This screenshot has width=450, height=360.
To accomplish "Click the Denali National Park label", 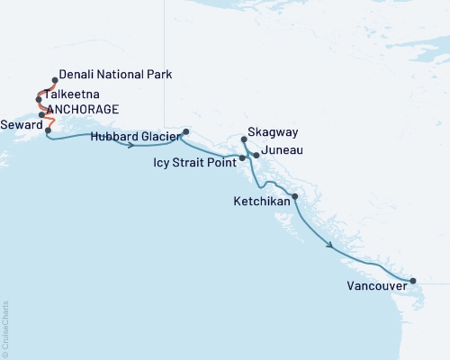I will pyautogui.click(x=114, y=75).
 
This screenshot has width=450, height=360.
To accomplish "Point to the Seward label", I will pyautogui.click(x=21, y=125).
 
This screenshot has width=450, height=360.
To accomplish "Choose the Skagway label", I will pyautogui.click(x=268, y=140).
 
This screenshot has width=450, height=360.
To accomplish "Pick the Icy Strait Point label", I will pyautogui.click(x=196, y=164).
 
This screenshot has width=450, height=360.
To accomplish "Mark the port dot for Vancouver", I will pyautogui.click(x=413, y=281).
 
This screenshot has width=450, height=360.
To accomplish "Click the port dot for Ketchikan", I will pyautogui.click(x=294, y=196).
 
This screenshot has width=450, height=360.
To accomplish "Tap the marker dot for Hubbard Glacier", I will pyautogui.click(x=185, y=132).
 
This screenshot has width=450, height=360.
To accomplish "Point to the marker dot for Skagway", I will pyautogui.click(x=245, y=139).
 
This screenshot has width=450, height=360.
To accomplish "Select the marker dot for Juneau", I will pyautogui.click(x=256, y=156).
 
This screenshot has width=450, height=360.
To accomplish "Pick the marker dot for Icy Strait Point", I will pyautogui.click(x=242, y=158).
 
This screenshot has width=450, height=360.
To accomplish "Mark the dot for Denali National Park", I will pyautogui.click(x=55, y=79).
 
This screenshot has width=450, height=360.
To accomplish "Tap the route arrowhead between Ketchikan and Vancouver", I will pyautogui.click(x=332, y=246).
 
